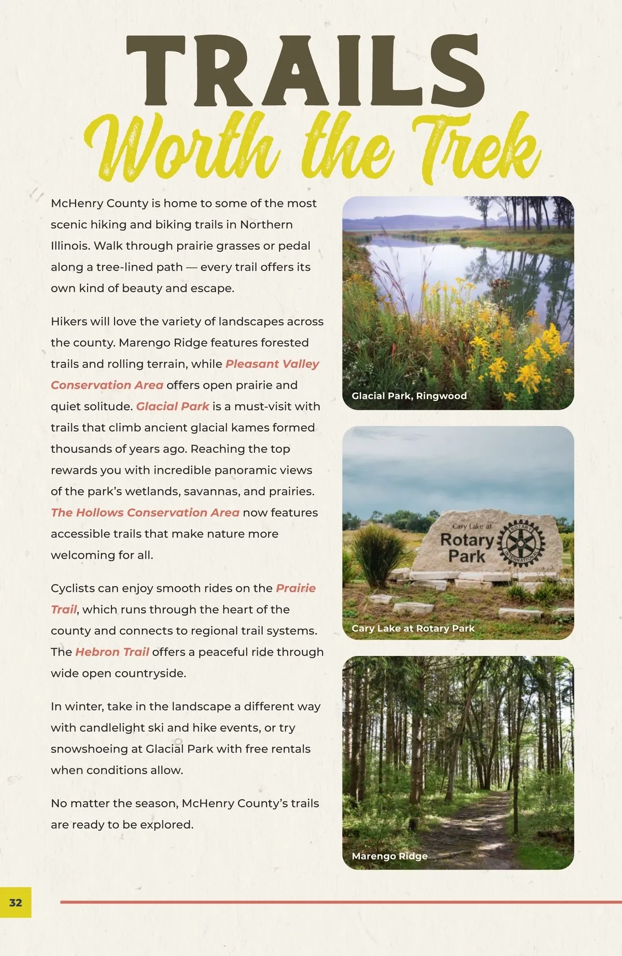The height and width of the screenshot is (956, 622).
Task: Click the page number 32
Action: (16, 902)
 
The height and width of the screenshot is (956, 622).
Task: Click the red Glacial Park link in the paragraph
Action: (173, 407)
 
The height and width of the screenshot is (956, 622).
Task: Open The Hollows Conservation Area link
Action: (145, 513)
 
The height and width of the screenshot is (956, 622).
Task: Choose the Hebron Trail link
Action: (112, 652)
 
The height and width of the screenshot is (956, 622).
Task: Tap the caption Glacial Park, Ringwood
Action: (409, 396)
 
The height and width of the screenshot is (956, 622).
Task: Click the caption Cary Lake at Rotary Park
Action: (413, 628)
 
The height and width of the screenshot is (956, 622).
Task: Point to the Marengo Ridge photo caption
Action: (389, 856)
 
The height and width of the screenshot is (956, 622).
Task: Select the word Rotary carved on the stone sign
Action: (466, 540)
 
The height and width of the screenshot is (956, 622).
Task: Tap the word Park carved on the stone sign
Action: (466, 557)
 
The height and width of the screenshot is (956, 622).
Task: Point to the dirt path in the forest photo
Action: (477, 829)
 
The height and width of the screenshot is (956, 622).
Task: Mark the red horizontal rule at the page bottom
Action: (337, 902)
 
